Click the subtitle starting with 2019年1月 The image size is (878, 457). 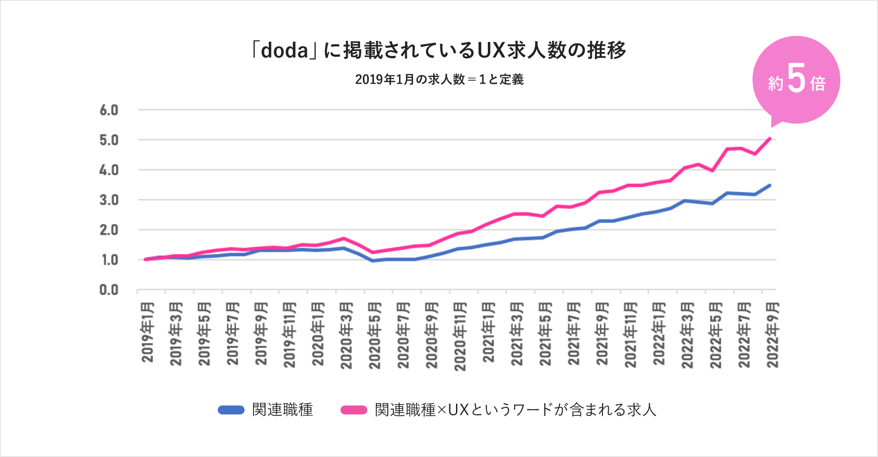click(439, 80)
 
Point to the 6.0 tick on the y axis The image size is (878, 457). click(109, 110)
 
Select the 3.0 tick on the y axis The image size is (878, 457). click(109, 200)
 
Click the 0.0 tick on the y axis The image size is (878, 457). click(109, 290)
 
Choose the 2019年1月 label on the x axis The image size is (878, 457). click(148, 332)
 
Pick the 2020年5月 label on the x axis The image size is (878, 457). click(375, 335)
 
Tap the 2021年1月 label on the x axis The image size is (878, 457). click(488, 332)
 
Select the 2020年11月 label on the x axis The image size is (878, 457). click(460, 336)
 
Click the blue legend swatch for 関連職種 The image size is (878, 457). click(231, 410)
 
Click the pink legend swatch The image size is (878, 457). click(354, 410)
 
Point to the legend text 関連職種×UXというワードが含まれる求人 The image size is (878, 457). click(515, 410)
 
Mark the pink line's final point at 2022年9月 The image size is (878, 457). click(770, 138)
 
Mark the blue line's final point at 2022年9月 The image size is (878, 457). click(770, 185)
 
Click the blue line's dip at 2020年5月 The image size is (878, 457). click(373, 261)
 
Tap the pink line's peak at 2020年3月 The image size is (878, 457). click(344, 238)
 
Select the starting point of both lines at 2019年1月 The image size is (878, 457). click(146, 259)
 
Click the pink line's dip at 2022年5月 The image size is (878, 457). click(712, 171)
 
